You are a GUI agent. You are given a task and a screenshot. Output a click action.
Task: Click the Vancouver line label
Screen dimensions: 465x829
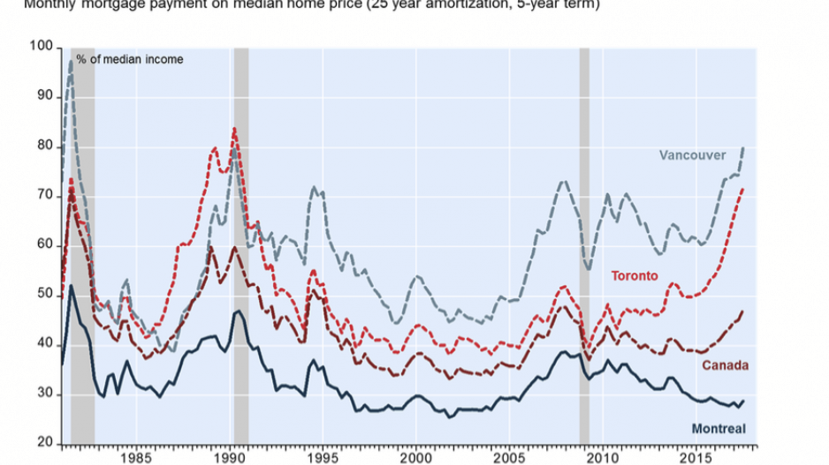(x=692, y=155)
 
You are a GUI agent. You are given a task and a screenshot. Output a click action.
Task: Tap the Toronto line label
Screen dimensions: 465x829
(x=635, y=276)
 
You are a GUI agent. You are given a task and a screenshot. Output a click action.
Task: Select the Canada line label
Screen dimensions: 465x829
(x=725, y=365)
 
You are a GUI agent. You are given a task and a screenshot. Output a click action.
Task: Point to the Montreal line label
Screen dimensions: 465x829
(x=717, y=430)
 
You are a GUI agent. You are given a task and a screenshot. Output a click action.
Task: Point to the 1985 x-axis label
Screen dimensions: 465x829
(x=136, y=459)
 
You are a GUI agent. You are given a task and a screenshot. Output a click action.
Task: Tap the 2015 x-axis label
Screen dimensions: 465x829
(x=696, y=459)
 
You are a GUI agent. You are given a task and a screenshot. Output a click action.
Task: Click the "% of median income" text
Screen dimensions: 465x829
(x=129, y=59)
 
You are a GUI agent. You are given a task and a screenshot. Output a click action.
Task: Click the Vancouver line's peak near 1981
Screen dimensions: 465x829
(x=72, y=60)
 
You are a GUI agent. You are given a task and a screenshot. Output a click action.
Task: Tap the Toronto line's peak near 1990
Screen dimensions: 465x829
(x=233, y=129)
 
